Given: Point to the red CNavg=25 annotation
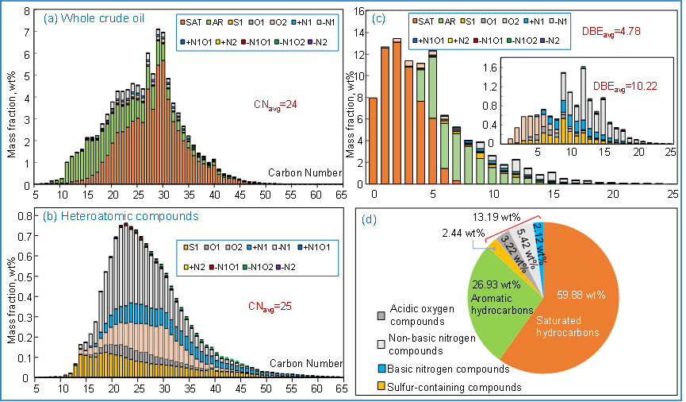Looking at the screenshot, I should pyautogui.click(x=261, y=305).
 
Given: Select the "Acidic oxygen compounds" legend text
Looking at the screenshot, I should pyautogui.click(x=435, y=314).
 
